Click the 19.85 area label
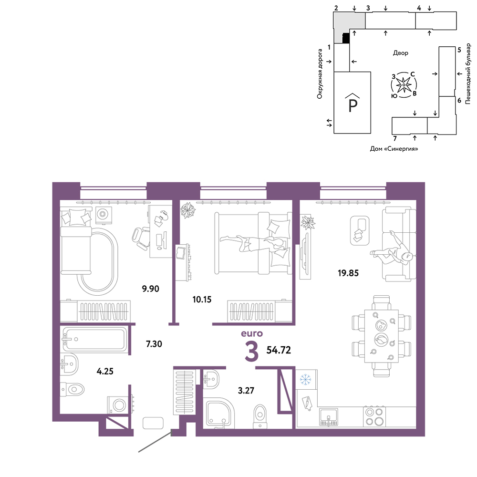(x=348, y=273)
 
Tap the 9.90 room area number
(x=151, y=289)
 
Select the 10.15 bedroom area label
(x=202, y=300)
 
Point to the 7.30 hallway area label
(x=154, y=344)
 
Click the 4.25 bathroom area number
(x=105, y=371)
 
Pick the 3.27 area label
(x=246, y=390)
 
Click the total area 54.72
(x=279, y=350)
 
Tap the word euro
(x=251, y=334)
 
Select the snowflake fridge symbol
(x=305, y=380)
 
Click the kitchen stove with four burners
(x=374, y=416)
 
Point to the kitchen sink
(x=329, y=417)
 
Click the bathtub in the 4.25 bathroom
(x=94, y=339)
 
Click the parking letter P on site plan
(x=353, y=105)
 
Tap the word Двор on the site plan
(x=400, y=53)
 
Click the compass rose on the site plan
(x=404, y=85)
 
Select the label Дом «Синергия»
(x=394, y=149)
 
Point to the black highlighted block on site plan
(x=345, y=38)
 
